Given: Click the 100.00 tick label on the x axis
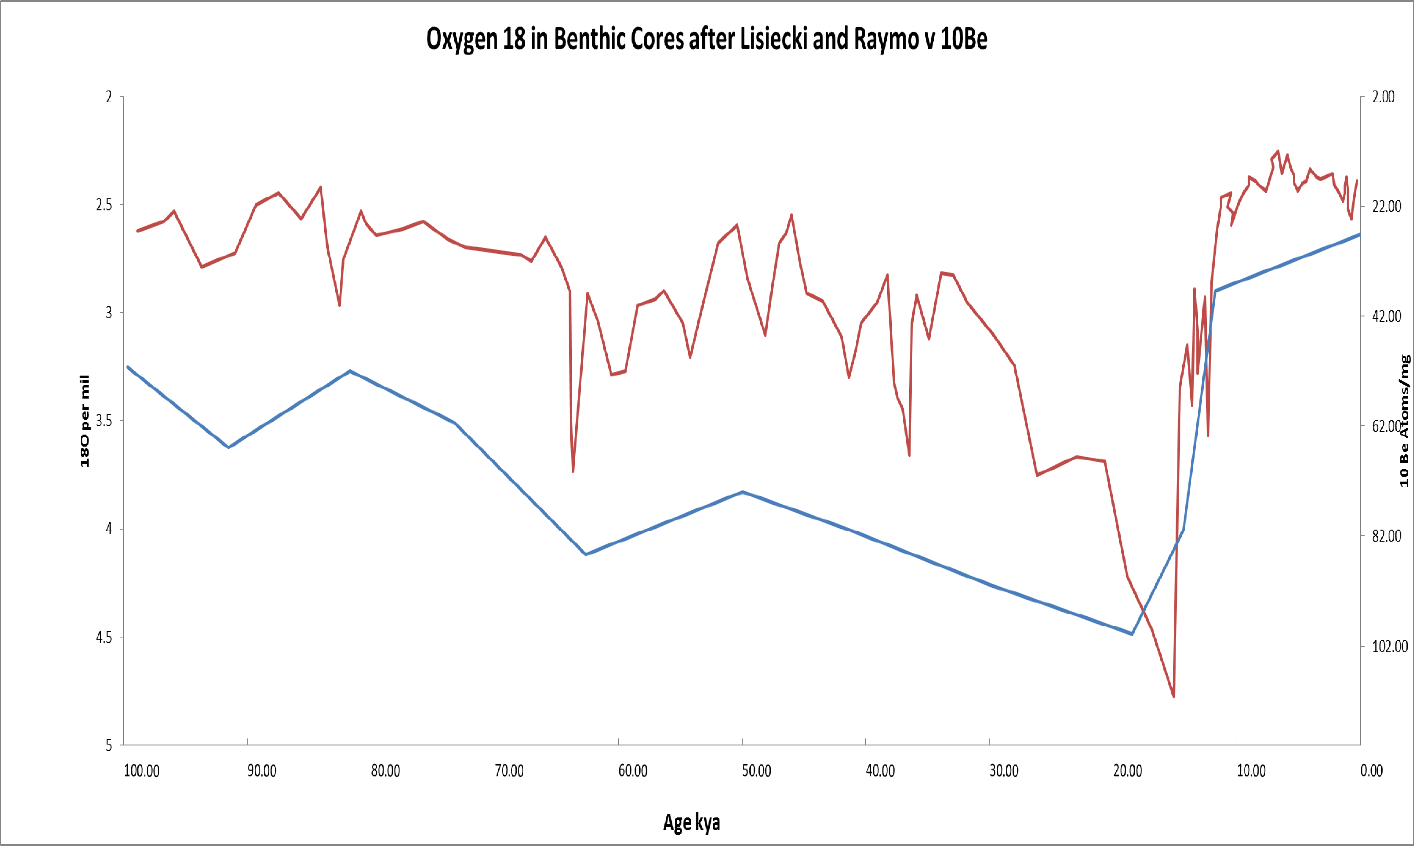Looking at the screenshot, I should coord(141,771).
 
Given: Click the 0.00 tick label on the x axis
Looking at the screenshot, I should coord(1371,771).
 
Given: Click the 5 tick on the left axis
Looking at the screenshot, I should coord(108,745).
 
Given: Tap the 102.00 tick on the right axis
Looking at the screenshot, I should coord(1389,647).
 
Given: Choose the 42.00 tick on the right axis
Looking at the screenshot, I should coord(1386,316).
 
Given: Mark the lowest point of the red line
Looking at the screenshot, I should coord(1173,697).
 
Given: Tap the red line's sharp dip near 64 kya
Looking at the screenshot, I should coord(572,472).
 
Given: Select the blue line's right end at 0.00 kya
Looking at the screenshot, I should coord(1360,234).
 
